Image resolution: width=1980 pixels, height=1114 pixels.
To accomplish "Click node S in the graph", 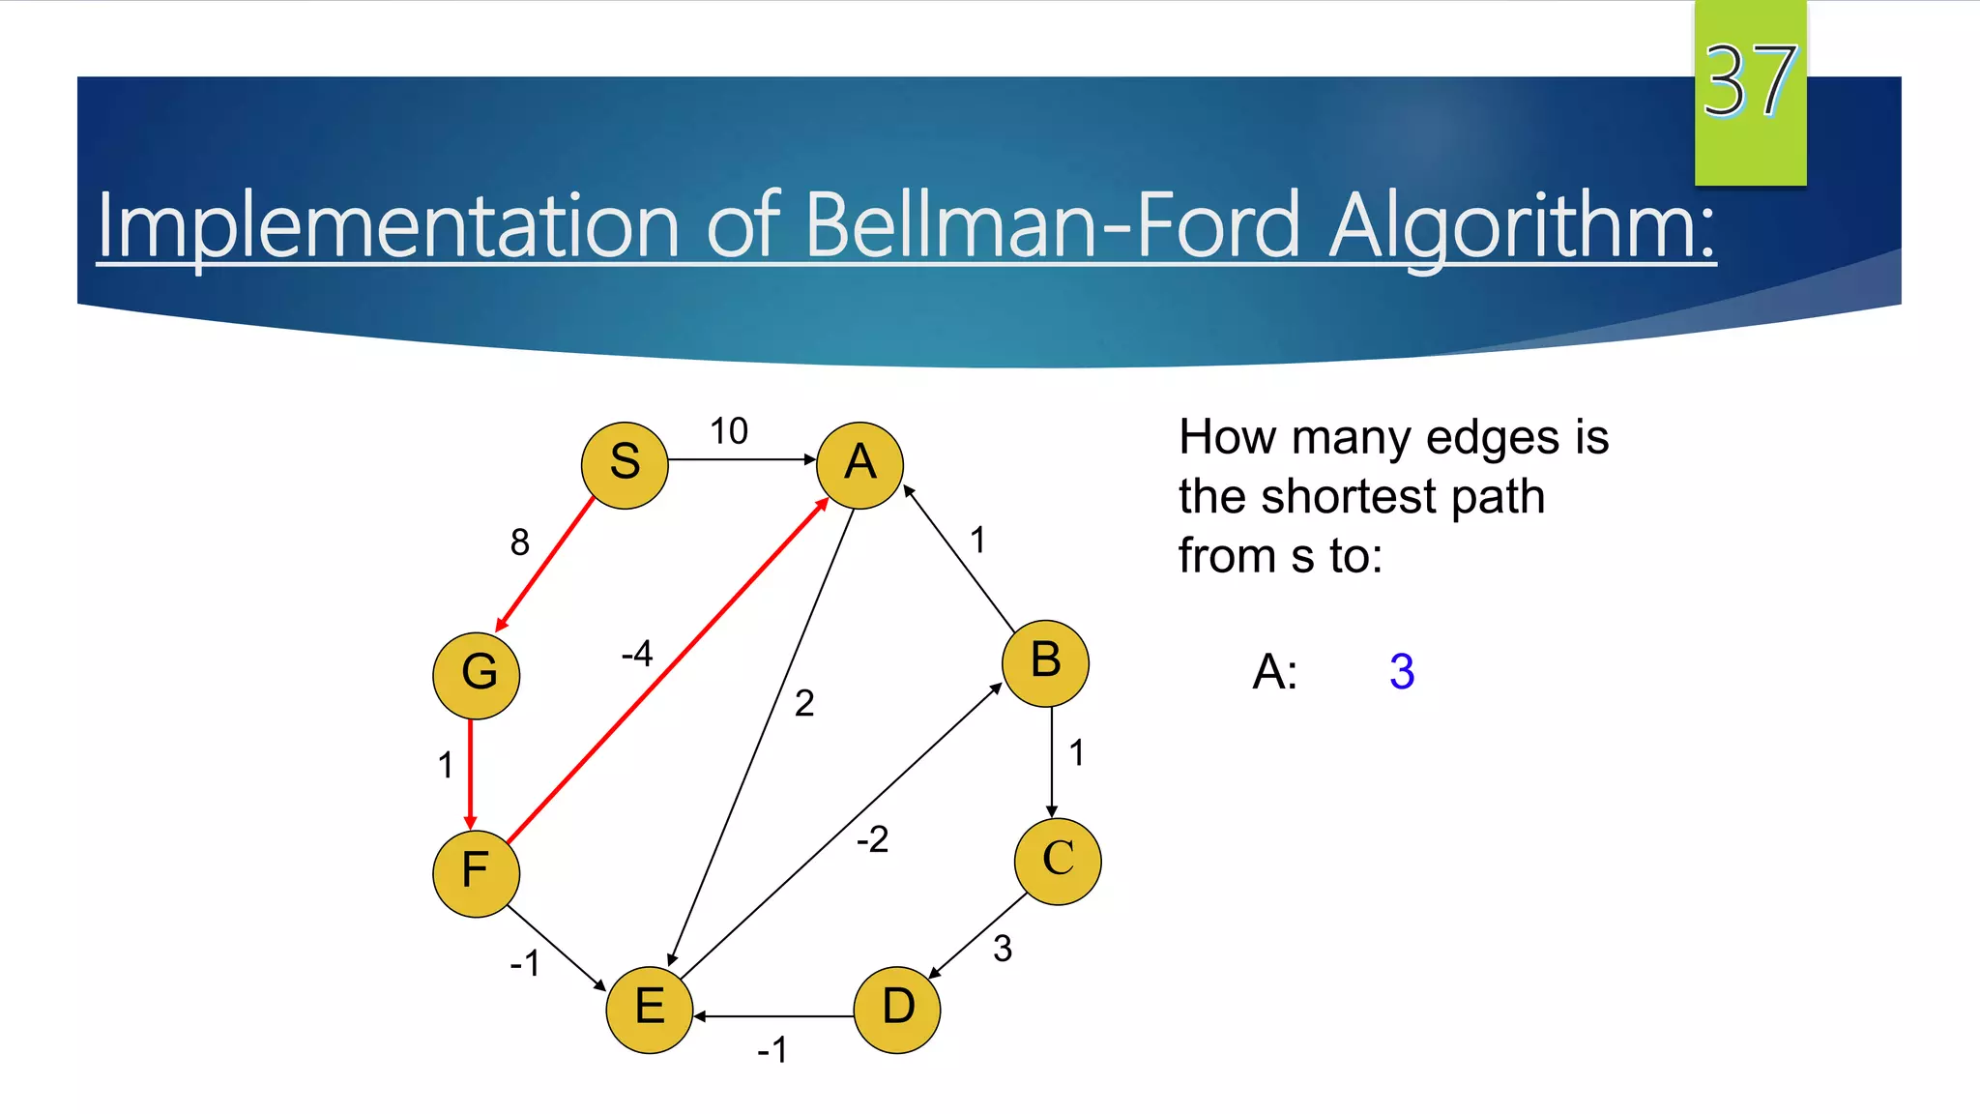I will [x=625, y=465].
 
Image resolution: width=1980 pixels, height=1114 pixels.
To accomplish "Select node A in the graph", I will [x=859, y=465].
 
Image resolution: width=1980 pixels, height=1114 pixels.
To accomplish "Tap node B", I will [x=1045, y=663].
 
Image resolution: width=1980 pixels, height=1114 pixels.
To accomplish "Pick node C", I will [x=1058, y=861].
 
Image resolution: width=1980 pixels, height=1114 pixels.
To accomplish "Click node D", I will [x=897, y=1010].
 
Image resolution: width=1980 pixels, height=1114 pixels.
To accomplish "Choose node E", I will [x=650, y=1010].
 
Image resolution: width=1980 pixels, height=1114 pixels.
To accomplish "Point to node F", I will [x=476, y=872].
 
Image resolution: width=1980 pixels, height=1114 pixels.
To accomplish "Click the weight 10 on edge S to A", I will [x=729, y=431].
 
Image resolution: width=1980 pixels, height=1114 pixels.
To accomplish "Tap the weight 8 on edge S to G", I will [x=520, y=542].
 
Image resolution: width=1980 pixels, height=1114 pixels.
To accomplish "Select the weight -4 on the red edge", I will [x=637, y=654].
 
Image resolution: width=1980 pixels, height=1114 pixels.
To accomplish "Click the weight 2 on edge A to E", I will [x=804, y=703].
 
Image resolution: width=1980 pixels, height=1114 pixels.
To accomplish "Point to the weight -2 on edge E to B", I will [x=872, y=838].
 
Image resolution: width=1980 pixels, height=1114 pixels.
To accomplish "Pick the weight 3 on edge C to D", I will [x=1003, y=949].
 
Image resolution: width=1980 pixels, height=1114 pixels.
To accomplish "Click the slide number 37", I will [x=1750, y=82].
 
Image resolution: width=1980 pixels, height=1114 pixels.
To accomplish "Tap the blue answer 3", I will [x=1402, y=671].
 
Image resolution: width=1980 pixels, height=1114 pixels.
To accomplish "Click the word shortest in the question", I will [x=1351, y=497].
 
